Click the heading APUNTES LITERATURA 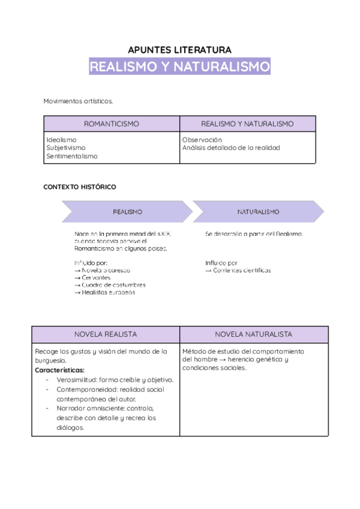[179, 50]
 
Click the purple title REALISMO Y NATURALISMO [179, 67]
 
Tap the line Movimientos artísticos [78, 101]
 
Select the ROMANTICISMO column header [111, 124]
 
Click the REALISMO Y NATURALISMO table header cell [247, 124]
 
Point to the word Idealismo [61, 139]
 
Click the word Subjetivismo [65, 148]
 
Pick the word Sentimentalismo [71, 156]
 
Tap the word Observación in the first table [202, 139]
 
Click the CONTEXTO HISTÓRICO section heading [80, 187]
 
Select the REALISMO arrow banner [127, 212]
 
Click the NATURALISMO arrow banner [258, 212]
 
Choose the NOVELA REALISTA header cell [106, 334]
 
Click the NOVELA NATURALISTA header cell [254, 334]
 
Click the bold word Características [59, 370]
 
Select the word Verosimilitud [77, 380]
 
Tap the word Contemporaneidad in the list [85, 390]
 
